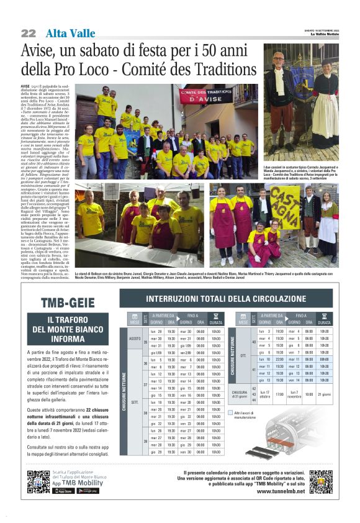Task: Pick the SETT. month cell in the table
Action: [135, 402]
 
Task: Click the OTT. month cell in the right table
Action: [243, 355]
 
